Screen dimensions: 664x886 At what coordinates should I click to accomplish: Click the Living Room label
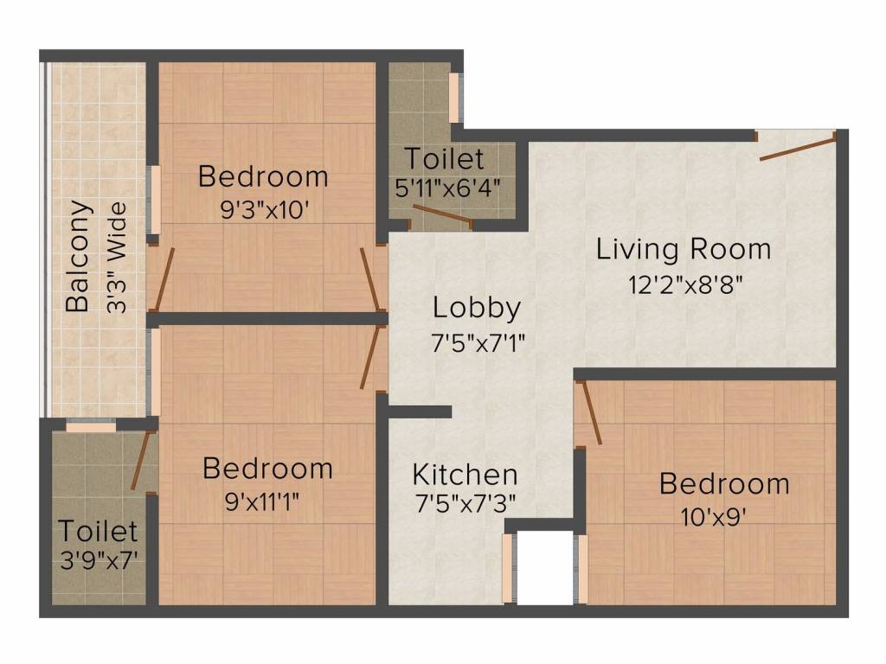[684, 249]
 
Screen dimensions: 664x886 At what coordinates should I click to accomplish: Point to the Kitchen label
[465, 475]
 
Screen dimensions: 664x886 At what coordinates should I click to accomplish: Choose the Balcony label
[79, 256]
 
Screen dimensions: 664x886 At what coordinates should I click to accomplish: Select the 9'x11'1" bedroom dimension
[267, 501]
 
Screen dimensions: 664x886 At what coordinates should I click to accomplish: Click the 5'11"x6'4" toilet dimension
[447, 188]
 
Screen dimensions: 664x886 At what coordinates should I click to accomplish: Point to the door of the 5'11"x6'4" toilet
[441, 216]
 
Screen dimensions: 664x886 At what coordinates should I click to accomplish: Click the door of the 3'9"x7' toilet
[140, 460]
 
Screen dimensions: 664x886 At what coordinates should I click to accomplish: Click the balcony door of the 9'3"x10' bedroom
[164, 278]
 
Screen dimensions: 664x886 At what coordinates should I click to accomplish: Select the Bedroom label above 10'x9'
[724, 483]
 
